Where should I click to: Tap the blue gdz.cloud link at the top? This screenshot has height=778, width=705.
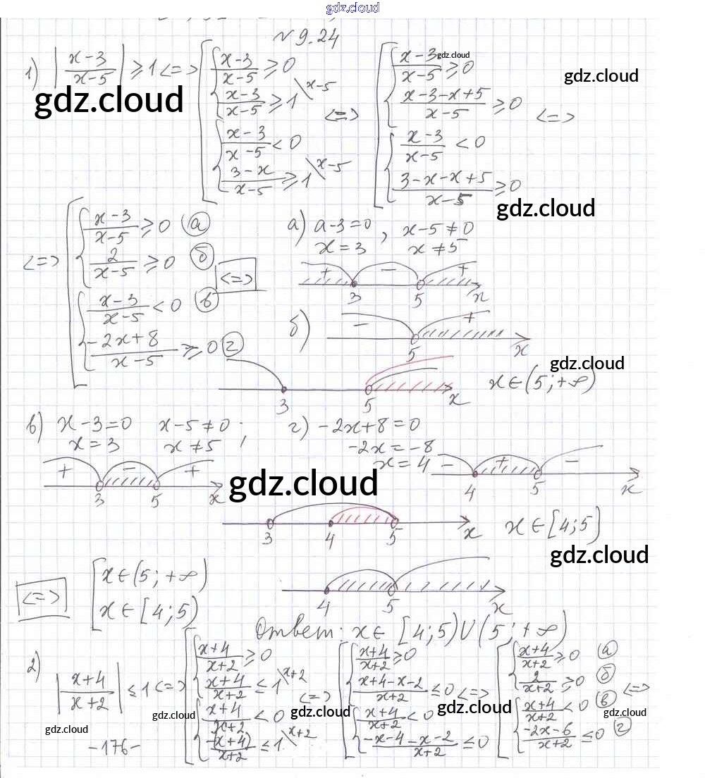click(352, 8)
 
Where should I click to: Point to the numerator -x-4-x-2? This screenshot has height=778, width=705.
click(410, 740)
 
